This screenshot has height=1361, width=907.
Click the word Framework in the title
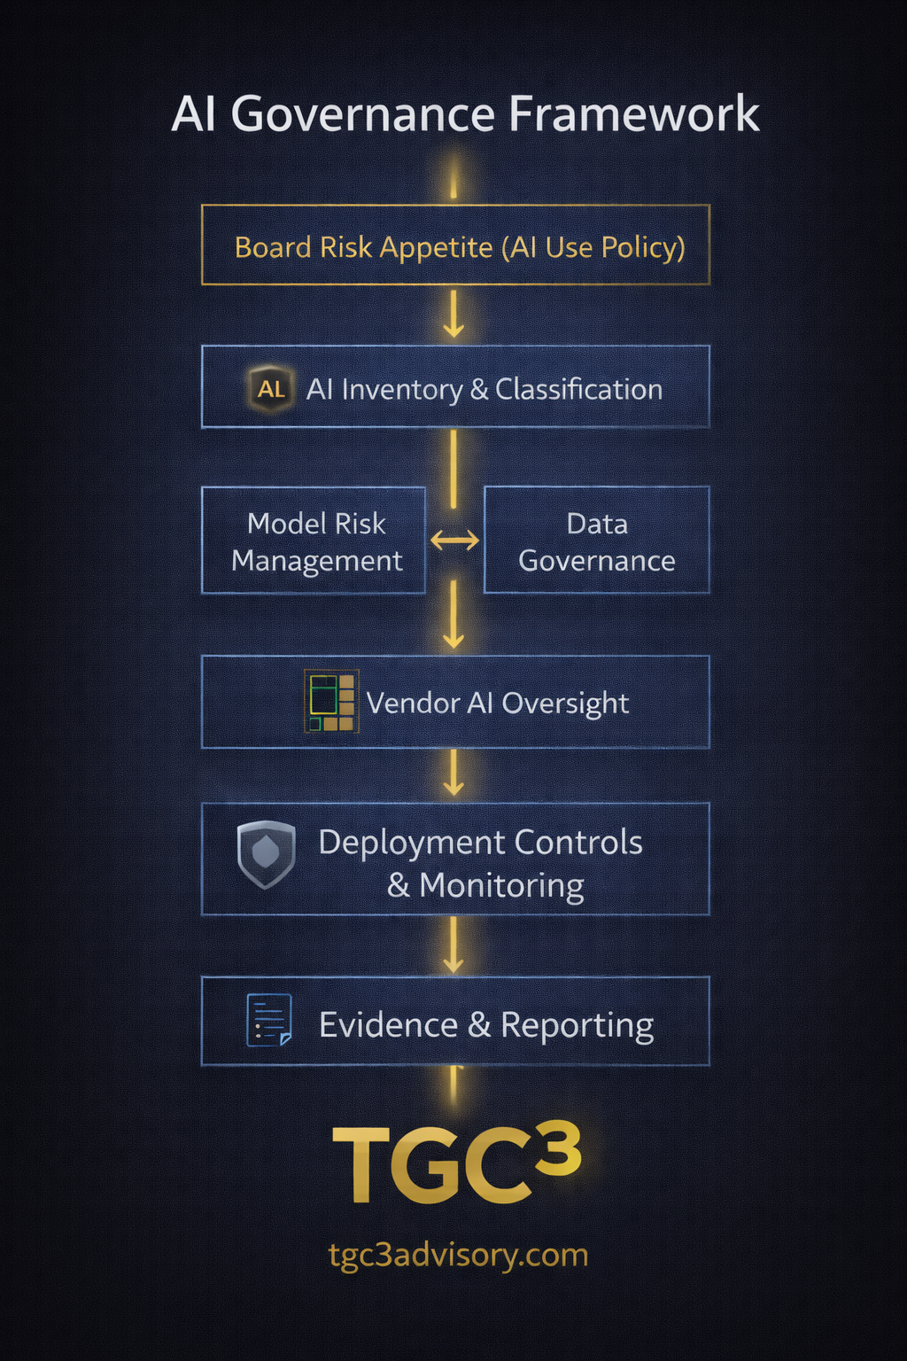[x=633, y=114]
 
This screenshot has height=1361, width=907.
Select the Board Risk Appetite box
[x=455, y=245]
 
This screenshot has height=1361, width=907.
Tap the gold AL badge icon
[x=271, y=389]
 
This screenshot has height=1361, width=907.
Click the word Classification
[x=578, y=389]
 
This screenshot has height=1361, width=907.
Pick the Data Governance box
[x=596, y=541]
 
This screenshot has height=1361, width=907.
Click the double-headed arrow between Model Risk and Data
[x=454, y=540]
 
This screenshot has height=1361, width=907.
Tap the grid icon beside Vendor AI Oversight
[x=331, y=702]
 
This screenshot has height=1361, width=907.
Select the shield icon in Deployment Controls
[x=266, y=853]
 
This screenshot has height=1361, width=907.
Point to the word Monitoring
[x=501, y=885]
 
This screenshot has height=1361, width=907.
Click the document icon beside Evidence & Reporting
[x=268, y=1021]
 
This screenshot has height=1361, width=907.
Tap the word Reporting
[x=577, y=1025]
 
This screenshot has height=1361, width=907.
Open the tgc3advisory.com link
[x=458, y=1255]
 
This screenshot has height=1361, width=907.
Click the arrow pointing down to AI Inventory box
[x=453, y=315]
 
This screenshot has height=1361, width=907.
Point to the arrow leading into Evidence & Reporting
[x=453, y=946]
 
